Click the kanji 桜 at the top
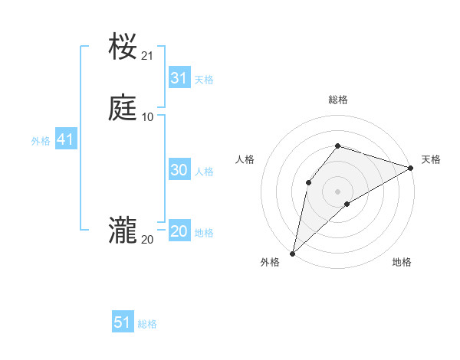point(123,47)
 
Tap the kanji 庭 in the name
point(123,108)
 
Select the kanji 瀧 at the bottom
point(123,231)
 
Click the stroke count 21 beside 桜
point(148,56)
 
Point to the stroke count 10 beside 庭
point(148,116)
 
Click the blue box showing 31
point(179,78)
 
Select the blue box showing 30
point(179,170)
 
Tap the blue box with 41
point(65,139)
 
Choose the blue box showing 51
point(123,322)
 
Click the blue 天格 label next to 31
point(204,80)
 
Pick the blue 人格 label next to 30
point(205,172)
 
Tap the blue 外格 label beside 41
point(41,141)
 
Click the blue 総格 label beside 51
point(147,324)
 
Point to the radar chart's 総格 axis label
point(338,100)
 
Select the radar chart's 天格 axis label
point(431,159)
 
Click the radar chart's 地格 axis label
point(402,263)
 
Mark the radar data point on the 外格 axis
point(292,254)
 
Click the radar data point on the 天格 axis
point(411,168)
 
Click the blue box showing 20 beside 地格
point(179,231)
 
